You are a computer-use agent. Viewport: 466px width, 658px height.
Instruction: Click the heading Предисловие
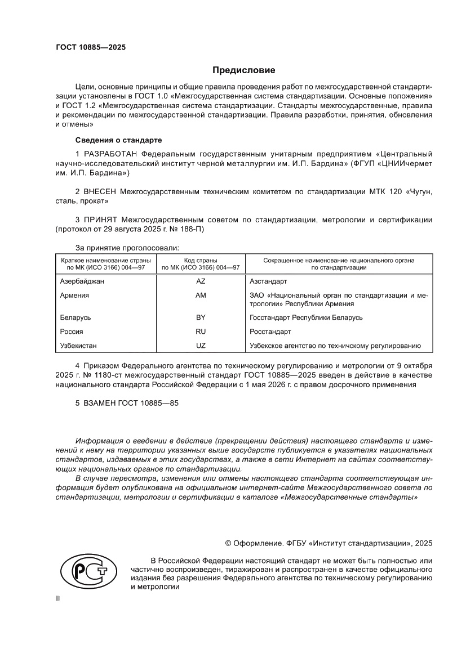click(243, 70)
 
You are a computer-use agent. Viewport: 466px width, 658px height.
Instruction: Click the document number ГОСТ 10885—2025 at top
click(90, 47)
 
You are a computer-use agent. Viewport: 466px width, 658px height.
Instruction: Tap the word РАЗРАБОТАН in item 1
click(110, 154)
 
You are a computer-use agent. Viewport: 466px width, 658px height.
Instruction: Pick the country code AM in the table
click(201, 295)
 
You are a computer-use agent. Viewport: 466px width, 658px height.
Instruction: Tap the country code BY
click(201, 317)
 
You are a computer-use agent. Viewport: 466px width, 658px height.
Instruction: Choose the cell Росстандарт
click(270, 332)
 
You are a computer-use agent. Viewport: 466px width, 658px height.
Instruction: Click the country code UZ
click(201, 346)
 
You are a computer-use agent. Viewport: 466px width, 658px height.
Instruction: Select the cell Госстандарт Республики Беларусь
click(306, 317)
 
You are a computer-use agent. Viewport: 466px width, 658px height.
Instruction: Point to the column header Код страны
click(201, 261)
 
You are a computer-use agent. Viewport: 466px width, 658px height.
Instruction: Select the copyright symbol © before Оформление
click(228, 543)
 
